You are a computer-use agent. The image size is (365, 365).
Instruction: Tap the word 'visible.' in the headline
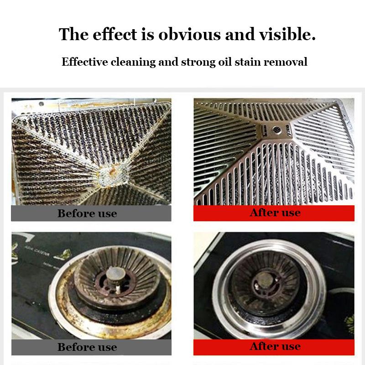[x=289, y=35]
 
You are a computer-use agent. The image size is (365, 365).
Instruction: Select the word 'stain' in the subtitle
[x=246, y=62]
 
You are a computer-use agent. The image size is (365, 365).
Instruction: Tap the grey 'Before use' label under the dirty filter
[x=87, y=214]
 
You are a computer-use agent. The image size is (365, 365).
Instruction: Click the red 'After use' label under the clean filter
[x=275, y=213]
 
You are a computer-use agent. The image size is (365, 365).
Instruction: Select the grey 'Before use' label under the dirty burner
[x=87, y=347]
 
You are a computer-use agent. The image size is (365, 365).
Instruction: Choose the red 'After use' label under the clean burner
[x=275, y=347]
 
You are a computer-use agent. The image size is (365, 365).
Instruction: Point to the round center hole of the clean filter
[x=275, y=130]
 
